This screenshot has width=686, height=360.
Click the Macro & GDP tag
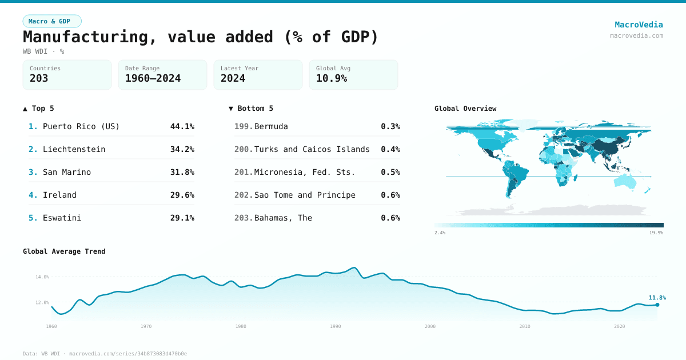click(52, 21)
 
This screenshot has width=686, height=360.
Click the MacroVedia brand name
click(639, 25)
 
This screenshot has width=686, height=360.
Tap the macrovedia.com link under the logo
click(636, 35)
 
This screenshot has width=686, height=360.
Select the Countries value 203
click(39, 78)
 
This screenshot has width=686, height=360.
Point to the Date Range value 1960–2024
click(153, 78)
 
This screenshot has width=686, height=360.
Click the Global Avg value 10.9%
click(332, 78)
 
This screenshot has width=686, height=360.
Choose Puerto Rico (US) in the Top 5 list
click(81, 126)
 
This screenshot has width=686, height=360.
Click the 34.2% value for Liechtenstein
click(182, 149)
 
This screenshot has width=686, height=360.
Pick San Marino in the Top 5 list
click(67, 172)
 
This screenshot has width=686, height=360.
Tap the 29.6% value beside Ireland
click(182, 195)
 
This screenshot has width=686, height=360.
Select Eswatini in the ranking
click(62, 218)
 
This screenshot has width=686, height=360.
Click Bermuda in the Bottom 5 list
click(271, 126)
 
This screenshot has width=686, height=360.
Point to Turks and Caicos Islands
click(312, 149)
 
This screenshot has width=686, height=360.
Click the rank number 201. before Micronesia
click(244, 172)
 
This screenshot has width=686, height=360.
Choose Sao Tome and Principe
click(305, 195)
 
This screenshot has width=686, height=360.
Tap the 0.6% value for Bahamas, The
click(390, 218)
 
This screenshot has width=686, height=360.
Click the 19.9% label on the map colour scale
click(656, 233)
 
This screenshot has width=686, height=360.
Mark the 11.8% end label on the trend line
click(657, 297)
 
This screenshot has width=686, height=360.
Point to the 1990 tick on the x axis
click(336, 326)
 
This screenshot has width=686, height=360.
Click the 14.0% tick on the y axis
click(42, 277)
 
